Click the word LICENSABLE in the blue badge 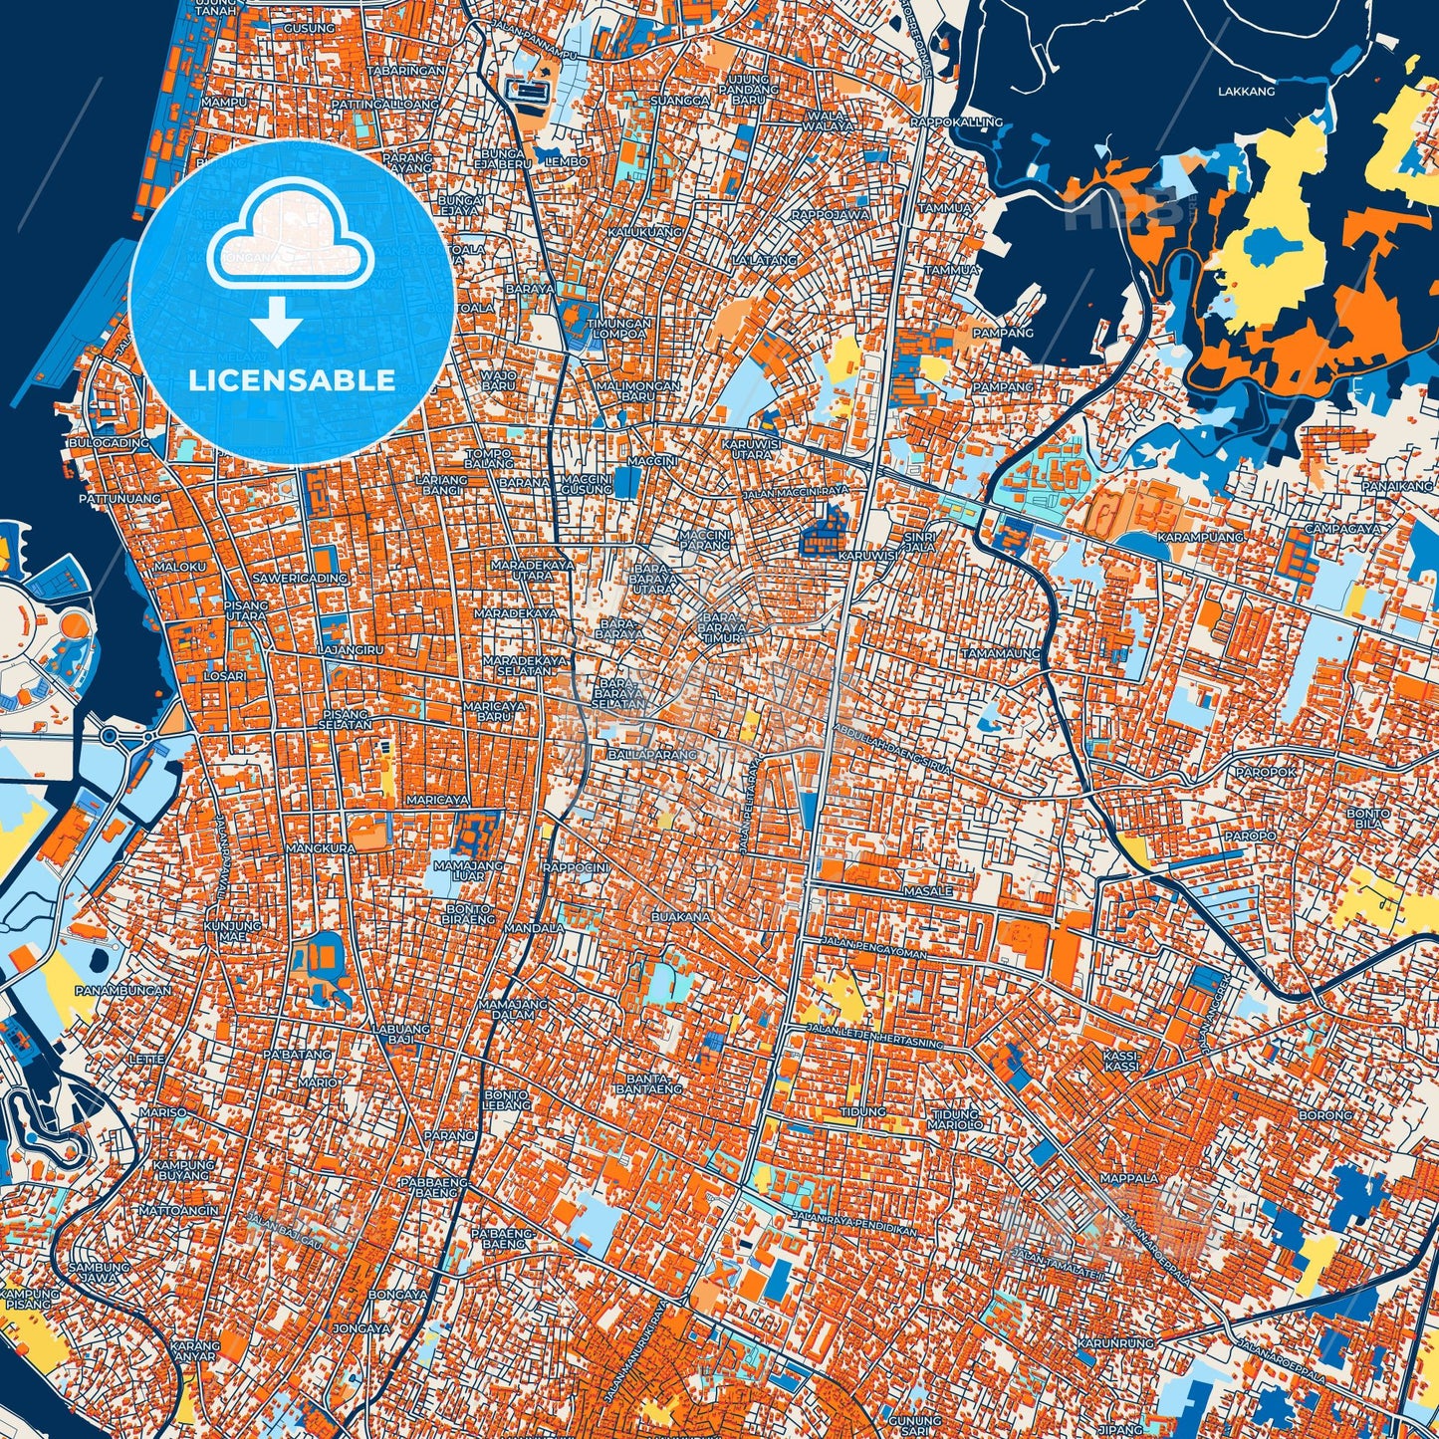pos(292,380)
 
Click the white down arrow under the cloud pos(277,325)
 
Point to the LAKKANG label pos(1246,92)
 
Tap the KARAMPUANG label pos(1186,537)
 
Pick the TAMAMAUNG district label pos(1000,653)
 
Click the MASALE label pos(927,891)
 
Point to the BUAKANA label pos(681,916)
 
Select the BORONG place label pos(1325,1115)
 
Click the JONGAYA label pos(360,1328)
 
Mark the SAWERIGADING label pos(300,578)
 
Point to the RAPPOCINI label pos(575,867)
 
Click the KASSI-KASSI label pos(1120,1060)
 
